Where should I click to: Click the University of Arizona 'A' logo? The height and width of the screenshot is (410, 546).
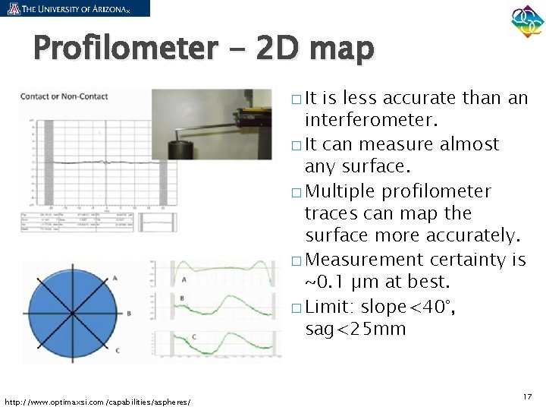coord(13,8)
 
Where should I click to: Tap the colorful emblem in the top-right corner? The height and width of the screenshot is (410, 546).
coord(527,24)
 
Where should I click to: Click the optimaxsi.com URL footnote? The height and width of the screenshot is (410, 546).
coord(98,401)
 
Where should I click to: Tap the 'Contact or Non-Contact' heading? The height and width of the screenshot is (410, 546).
coord(64,96)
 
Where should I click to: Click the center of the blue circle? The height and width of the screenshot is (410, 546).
coord(72,312)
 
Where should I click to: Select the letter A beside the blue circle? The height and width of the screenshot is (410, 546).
coord(115,279)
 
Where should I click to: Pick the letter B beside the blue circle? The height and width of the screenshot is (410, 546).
coord(129,312)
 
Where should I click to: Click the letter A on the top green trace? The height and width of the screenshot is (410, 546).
coord(184,279)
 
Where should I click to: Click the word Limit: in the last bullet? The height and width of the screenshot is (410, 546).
coord(331,307)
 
